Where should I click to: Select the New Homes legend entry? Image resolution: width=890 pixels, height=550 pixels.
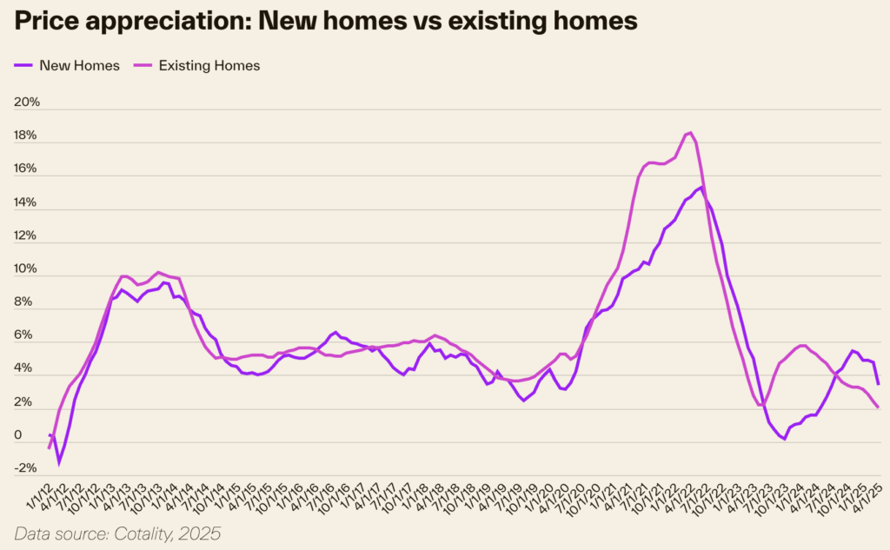click(x=76, y=65)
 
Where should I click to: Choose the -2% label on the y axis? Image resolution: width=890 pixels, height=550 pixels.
click(x=27, y=467)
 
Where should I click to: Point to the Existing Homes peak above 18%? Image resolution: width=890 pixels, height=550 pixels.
click(x=689, y=132)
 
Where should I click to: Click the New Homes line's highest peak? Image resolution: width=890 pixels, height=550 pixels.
click(x=701, y=186)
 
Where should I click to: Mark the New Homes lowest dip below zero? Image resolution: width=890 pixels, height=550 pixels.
click(x=59, y=463)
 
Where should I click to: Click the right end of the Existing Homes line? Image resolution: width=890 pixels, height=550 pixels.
click(x=879, y=408)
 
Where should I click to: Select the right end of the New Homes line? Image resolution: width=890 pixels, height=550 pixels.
click(x=879, y=384)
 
